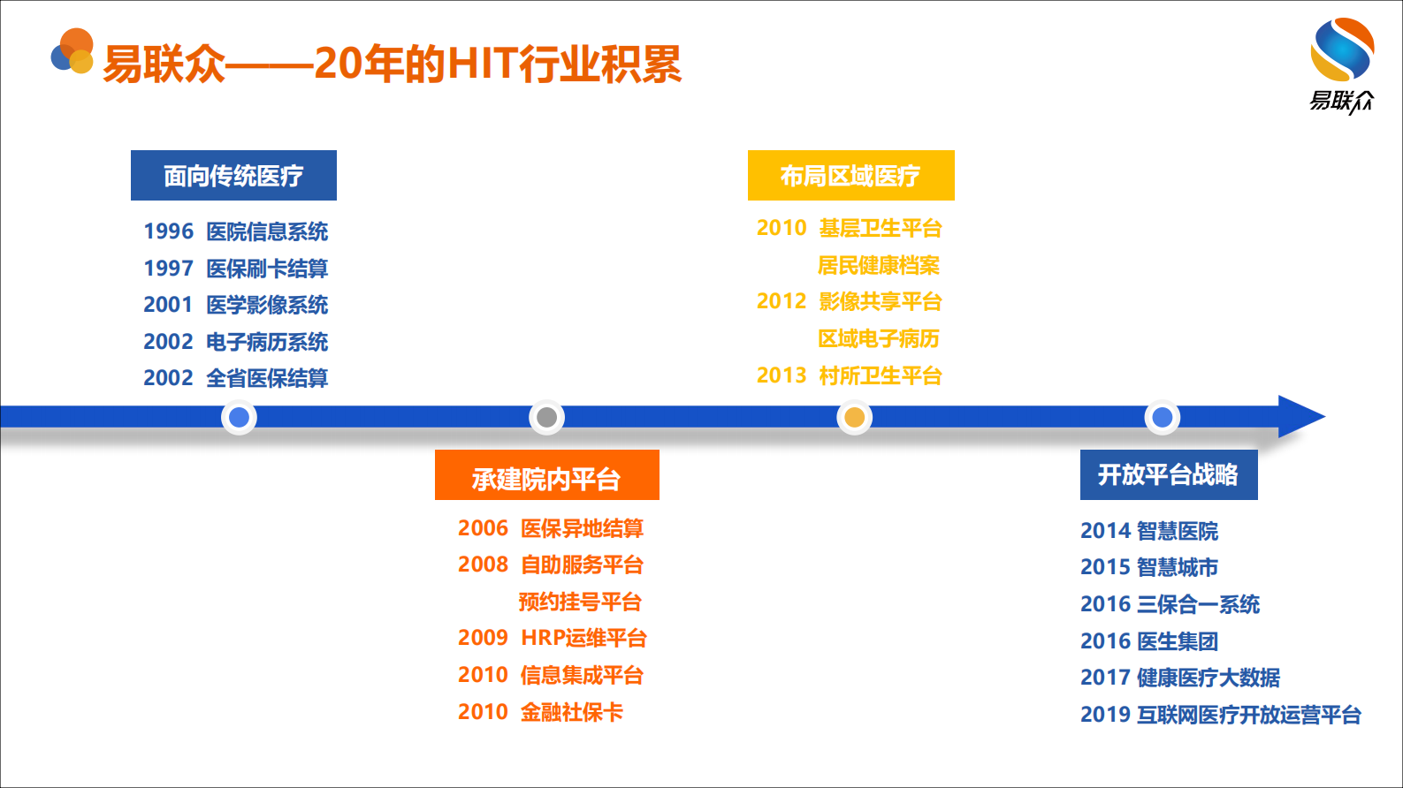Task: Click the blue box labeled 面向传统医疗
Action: pyautogui.click(x=233, y=176)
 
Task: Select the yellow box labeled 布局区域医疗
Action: pyautogui.click(x=850, y=176)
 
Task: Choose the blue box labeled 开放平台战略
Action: pyautogui.click(x=1168, y=475)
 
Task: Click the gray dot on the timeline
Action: pyautogui.click(x=546, y=417)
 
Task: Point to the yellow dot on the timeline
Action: pyautogui.click(x=854, y=417)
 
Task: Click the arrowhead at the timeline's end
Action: pyautogui.click(x=1300, y=417)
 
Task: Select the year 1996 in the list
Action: pyautogui.click(x=168, y=231)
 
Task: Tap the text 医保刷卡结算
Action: pyautogui.click(x=267, y=269)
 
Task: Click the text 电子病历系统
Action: pyautogui.click(x=267, y=342)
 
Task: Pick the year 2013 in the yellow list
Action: pyautogui.click(x=782, y=375)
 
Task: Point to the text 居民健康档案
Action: pyautogui.click(x=879, y=265)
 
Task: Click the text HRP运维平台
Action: pyautogui.click(x=583, y=638)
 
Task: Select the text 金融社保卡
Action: pyautogui.click(x=571, y=712)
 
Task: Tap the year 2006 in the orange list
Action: pyautogui.click(x=483, y=528)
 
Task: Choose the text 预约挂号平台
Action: pyautogui.click(x=580, y=602)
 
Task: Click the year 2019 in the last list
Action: pyautogui.click(x=1105, y=715)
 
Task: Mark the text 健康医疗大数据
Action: pyautogui.click(x=1209, y=678)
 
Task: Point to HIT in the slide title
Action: pyautogui.click(x=483, y=64)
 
